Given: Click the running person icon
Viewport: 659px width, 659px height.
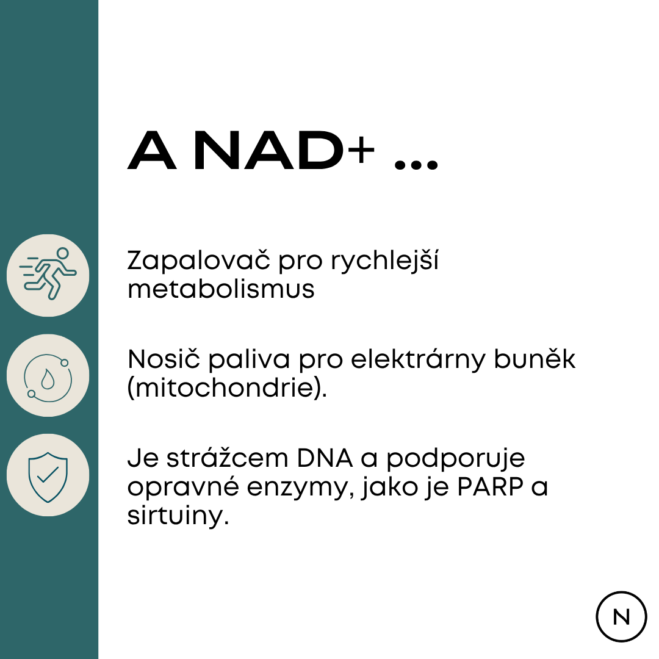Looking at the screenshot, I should click(48, 275).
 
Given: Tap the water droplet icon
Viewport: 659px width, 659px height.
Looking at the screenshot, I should click(48, 375).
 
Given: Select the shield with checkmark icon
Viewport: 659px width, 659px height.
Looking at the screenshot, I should click(48, 475).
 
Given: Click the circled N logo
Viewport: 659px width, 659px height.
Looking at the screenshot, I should click(621, 616).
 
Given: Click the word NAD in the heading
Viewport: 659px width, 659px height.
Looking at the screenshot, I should click(268, 152).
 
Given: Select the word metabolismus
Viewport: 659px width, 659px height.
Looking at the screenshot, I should click(221, 289).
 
